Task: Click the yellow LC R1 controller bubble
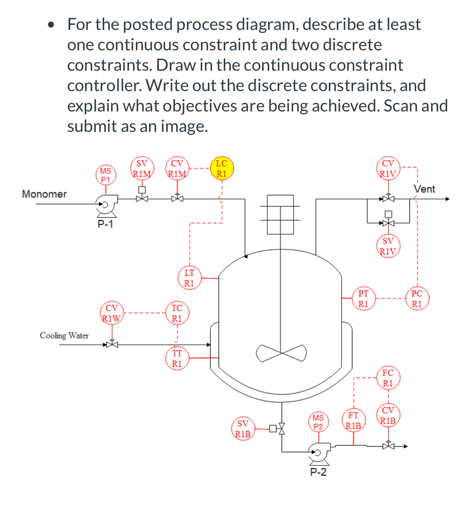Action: [221, 169]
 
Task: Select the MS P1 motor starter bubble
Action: [105, 175]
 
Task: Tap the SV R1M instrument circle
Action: [142, 169]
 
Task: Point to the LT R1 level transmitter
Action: [189, 278]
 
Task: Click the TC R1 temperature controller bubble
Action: [177, 313]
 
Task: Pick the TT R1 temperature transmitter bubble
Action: [177, 358]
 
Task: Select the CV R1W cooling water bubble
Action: [112, 313]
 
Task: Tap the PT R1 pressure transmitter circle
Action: [363, 298]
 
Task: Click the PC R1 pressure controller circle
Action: [417, 298]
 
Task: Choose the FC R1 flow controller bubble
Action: [388, 378]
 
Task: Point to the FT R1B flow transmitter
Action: [354, 420]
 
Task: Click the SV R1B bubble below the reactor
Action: [243, 429]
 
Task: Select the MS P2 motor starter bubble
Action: [318, 422]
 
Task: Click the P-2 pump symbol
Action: [319, 452]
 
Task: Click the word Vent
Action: [424, 189]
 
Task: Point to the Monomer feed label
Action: [44, 194]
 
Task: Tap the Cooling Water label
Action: [64, 336]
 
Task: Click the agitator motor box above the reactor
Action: [280, 214]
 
